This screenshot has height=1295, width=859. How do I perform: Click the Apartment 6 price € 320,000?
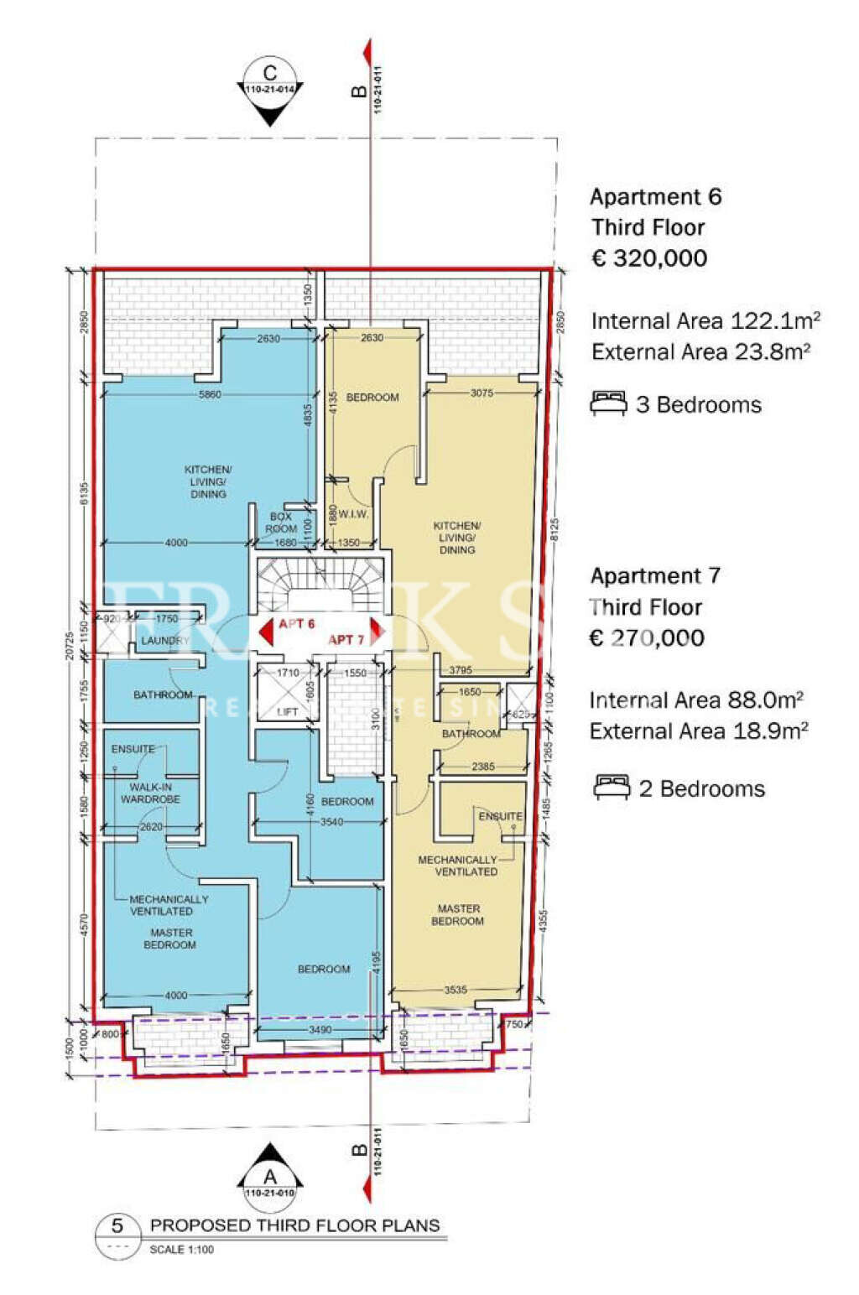pos(648,258)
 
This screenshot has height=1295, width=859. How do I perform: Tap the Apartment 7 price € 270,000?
pos(647,638)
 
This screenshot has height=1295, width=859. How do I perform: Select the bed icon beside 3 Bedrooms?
pos(608,403)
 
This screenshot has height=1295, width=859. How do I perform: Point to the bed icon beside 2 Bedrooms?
pos(612,788)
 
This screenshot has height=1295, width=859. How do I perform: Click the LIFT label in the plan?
pos(287,712)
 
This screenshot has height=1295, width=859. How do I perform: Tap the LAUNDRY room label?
pos(165,641)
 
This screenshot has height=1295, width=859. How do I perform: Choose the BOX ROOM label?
pos(281,523)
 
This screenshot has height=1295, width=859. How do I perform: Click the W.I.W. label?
pos(354,514)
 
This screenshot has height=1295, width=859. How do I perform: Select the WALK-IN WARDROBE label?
pos(150,793)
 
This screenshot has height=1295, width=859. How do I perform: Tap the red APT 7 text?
pos(346,640)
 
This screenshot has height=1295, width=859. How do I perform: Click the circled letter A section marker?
pos(269,1178)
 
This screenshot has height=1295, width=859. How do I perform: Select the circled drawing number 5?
pos(117,1226)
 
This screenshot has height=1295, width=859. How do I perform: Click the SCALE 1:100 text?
pos(181,1250)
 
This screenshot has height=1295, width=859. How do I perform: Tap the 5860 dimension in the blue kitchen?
pos(210,394)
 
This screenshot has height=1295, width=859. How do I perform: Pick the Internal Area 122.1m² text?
pos(705,321)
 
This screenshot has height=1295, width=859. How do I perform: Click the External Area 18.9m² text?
pos(699,731)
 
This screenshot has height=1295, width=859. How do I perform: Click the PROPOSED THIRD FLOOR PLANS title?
pos(294,1225)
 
